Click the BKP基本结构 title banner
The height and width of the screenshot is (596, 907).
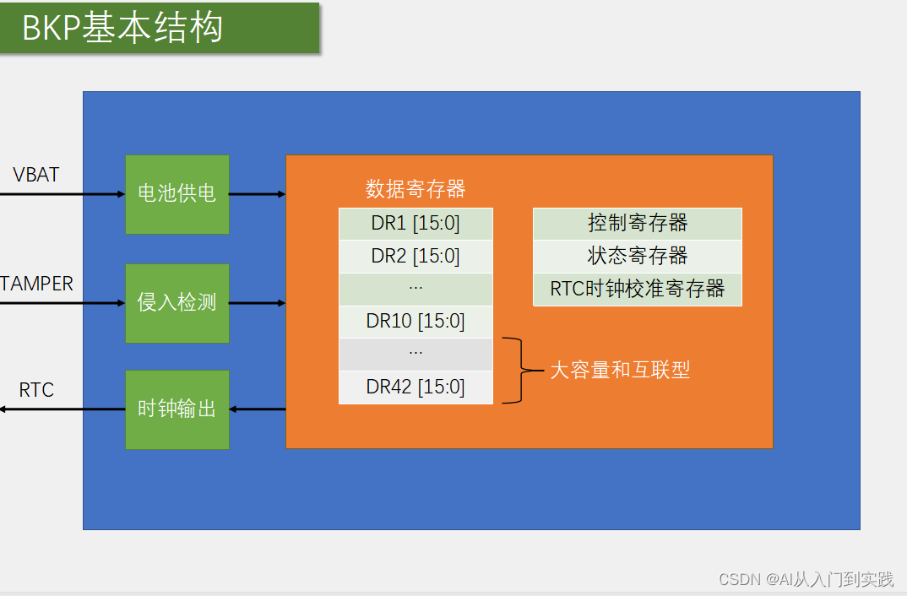click(x=159, y=29)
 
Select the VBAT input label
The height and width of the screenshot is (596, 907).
click(x=36, y=175)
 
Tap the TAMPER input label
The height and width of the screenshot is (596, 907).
click(x=37, y=284)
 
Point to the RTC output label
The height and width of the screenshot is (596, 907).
click(x=36, y=390)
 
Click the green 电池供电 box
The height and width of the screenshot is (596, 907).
click(x=177, y=194)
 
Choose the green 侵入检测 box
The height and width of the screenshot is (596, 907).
click(x=177, y=303)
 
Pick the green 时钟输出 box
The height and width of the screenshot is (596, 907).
click(x=177, y=409)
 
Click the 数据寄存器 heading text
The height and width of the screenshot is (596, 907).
click(x=415, y=189)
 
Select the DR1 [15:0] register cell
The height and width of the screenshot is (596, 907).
click(x=415, y=224)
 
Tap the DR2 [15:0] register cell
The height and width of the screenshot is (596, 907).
click(x=415, y=256)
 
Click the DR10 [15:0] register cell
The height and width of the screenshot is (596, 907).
click(x=415, y=321)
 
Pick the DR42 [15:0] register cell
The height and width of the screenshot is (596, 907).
click(x=415, y=387)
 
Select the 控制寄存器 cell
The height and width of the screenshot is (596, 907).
click(x=637, y=224)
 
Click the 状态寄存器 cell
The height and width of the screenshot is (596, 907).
click(x=637, y=256)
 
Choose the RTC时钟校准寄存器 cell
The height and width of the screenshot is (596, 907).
click(x=637, y=289)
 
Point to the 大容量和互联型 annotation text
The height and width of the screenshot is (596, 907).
click(x=620, y=370)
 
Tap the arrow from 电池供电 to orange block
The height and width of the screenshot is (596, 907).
click(x=257, y=194)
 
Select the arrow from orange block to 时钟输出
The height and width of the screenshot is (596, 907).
click(x=257, y=409)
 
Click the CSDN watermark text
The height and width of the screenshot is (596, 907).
click(x=805, y=579)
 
